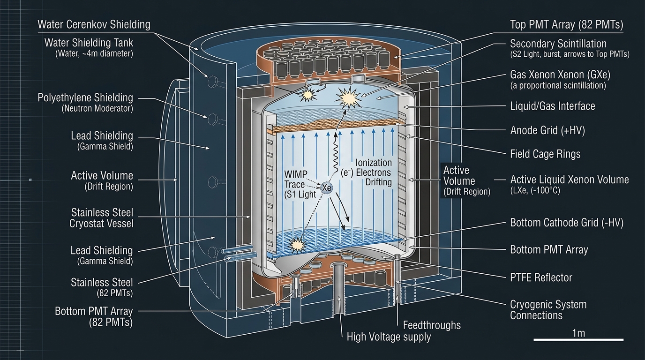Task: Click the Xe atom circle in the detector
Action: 327,188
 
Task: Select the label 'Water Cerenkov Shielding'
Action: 94,24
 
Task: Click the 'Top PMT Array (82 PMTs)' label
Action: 566,25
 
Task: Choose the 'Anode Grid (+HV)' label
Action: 547,130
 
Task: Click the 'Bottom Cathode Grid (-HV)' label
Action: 566,223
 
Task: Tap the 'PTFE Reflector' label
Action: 541,277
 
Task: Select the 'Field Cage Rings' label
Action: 545,154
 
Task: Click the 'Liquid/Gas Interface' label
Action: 552,106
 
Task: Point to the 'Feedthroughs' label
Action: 432,325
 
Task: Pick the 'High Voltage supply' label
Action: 389,337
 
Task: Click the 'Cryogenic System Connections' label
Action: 548,310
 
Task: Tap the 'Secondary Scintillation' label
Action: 558,44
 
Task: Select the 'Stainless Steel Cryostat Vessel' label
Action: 102,218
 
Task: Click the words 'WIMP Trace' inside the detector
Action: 296,180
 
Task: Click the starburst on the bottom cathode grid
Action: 296,244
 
